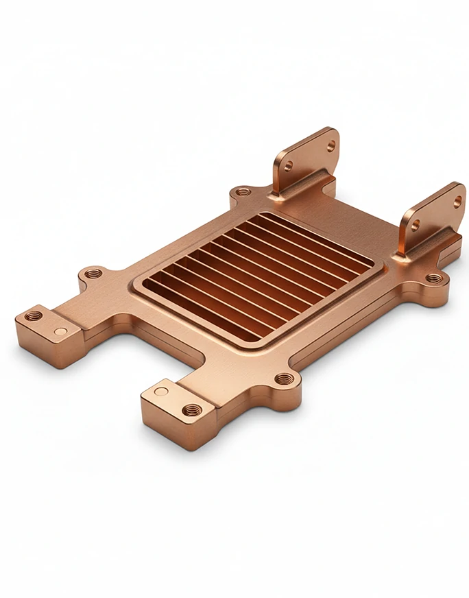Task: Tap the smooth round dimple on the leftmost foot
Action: click(x=62, y=331)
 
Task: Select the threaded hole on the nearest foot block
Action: click(x=193, y=410)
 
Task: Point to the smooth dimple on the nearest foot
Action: click(x=161, y=391)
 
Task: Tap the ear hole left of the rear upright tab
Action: click(x=241, y=193)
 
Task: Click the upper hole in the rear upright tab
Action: click(x=331, y=145)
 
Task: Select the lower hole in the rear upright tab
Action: click(x=289, y=165)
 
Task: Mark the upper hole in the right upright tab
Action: click(x=457, y=202)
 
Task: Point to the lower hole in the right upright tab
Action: click(x=415, y=224)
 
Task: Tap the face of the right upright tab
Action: click(x=436, y=214)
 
